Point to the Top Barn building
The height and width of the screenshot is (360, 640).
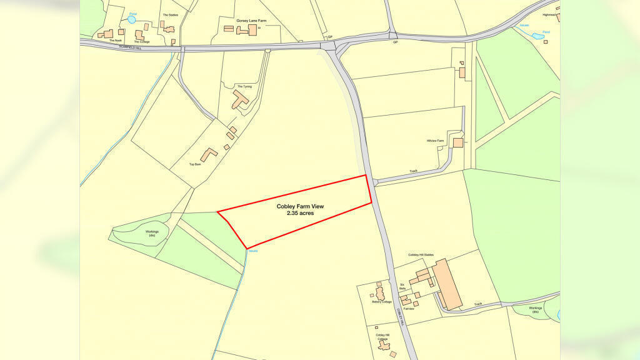208,154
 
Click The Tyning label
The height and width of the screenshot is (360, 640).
244,86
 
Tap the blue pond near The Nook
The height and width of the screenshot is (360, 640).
131,20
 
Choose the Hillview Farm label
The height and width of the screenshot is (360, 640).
435,141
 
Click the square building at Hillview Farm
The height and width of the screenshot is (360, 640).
458,142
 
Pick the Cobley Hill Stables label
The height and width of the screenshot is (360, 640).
421,255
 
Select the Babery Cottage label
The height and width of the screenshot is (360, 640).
381,302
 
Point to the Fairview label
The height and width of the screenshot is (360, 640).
409,308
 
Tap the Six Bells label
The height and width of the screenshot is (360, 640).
402,286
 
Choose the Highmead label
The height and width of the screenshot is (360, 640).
549,14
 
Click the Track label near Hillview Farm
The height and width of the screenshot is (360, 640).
413,171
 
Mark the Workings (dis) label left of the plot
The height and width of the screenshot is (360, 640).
152,234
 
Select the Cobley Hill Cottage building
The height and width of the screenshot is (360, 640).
384,346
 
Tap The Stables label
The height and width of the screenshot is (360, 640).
170,14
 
